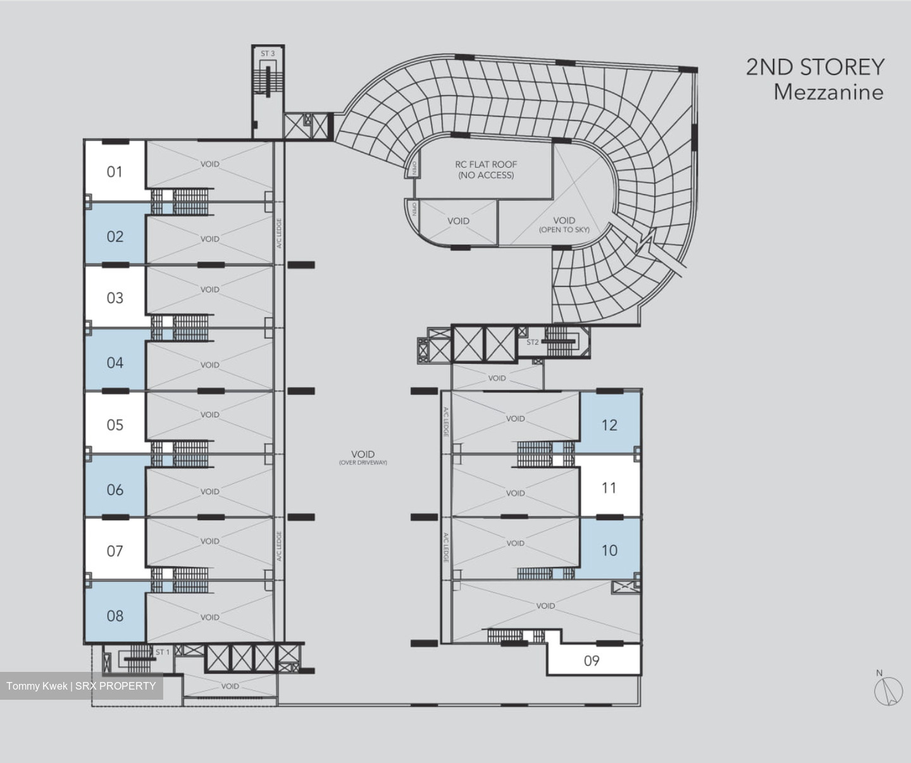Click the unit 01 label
coord(115,172)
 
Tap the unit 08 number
coord(115,616)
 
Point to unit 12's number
coord(609,425)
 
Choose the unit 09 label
coord(592,661)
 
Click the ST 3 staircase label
coord(268,54)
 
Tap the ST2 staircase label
coord(532,342)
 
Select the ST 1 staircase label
coord(163,652)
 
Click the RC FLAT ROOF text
coord(486,164)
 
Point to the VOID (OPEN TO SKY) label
coord(564,225)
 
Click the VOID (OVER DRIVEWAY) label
coord(363,457)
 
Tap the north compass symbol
coord(888,691)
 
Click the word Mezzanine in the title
coord(829,92)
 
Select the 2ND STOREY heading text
coord(815,67)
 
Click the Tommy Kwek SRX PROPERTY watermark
coord(81,686)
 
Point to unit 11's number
coord(609,488)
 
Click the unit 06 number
coord(115,490)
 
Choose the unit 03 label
coord(115,298)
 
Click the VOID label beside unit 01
coord(210,164)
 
